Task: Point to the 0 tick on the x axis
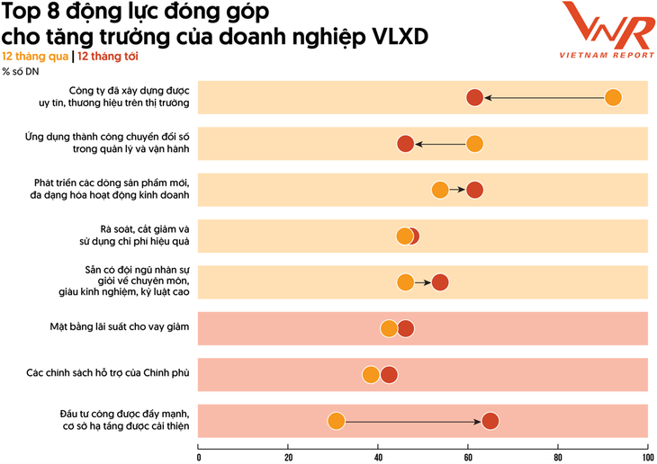199,457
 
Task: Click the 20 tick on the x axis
288,457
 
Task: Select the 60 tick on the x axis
468,457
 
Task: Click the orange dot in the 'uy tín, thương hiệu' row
614,98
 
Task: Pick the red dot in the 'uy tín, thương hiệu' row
475,98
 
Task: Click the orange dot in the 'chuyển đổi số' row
474,144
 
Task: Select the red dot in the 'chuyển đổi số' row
406,144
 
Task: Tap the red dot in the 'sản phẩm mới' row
475,190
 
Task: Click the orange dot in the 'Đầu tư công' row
336,421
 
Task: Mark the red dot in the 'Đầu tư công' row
490,421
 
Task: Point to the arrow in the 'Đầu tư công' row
413,421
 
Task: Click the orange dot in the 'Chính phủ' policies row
370,375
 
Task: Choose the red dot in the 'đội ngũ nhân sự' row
440,282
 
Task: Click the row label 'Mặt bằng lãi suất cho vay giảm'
120,328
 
